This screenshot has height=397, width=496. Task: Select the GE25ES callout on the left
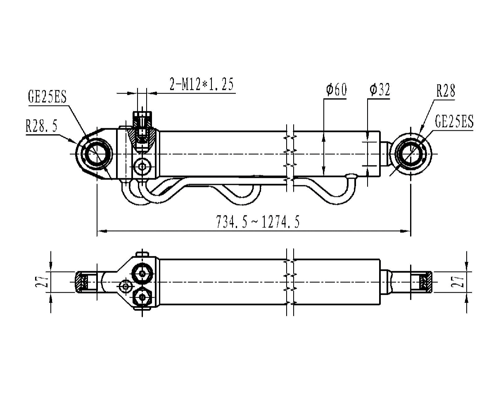47,97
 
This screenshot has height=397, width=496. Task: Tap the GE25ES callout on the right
454,121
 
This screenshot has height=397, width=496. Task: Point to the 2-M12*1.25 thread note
202,84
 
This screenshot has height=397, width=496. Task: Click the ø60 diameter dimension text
336,90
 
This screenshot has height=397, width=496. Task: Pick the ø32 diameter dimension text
380,90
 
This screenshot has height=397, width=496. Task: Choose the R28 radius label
446,91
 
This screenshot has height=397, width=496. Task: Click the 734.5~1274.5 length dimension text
258,222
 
